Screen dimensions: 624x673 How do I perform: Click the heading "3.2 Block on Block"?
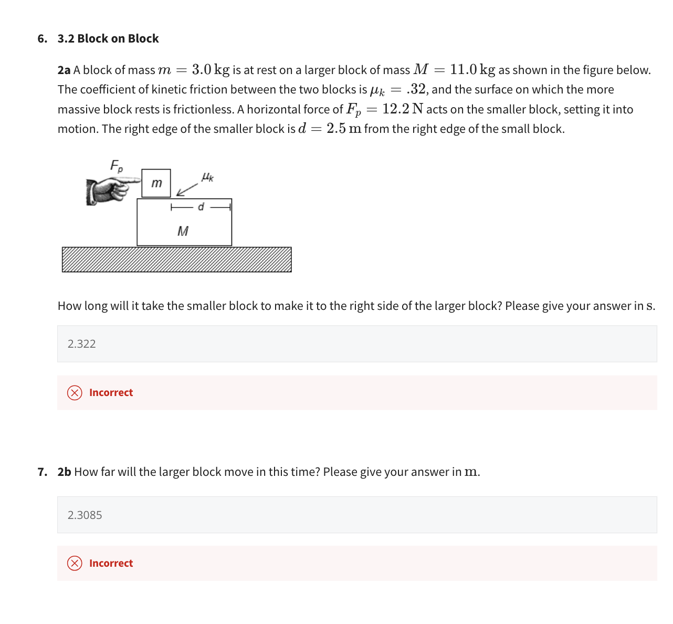(x=108, y=38)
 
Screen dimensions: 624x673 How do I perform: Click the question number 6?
(x=42, y=38)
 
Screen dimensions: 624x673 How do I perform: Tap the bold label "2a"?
(x=64, y=70)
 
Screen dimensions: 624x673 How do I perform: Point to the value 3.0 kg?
(x=211, y=69)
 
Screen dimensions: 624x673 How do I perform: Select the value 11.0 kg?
(x=472, y=69)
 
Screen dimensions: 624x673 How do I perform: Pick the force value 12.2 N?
(x=403, y=109)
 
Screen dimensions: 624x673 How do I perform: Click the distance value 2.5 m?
(x=343, y=129)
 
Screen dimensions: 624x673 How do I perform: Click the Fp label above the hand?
(x=117, y=166)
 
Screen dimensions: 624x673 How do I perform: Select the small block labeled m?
(x=156, y=183)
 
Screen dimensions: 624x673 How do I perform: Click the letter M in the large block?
(x=183, y=231)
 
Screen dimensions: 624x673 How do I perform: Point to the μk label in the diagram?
(x=207, y=176)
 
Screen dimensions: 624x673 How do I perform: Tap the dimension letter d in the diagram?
(x=201, y=207)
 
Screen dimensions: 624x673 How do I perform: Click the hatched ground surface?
(x=176, y=259)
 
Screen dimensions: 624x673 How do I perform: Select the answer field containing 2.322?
(x=356, y=344)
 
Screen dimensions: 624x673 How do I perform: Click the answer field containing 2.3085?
(x=356, y=515)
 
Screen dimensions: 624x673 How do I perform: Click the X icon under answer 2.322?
(x=75, y=392)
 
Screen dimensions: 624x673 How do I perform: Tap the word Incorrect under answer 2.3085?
(x=111, y=563)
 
